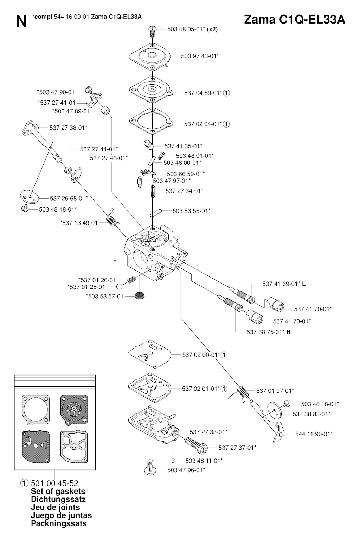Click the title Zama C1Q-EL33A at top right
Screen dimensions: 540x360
294,20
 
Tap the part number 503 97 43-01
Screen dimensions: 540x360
200,56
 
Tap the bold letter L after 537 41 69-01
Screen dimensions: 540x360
304,284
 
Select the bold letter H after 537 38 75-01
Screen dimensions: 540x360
288,332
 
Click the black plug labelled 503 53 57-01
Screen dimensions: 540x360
140,295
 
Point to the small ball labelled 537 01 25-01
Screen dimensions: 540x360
120,287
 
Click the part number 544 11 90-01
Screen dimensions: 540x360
314,434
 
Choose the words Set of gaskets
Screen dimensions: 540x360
58,491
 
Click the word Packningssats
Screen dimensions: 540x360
59,523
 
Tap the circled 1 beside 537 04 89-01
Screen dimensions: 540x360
226,93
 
